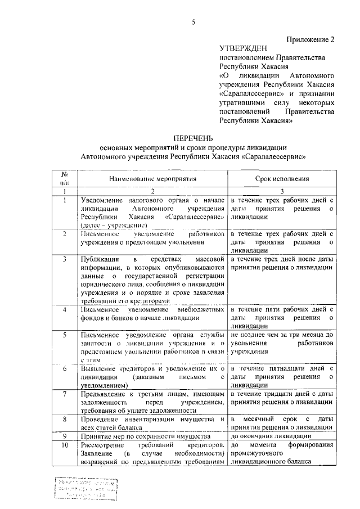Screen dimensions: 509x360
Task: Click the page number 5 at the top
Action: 193,22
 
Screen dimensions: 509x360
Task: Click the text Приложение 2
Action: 310,39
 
